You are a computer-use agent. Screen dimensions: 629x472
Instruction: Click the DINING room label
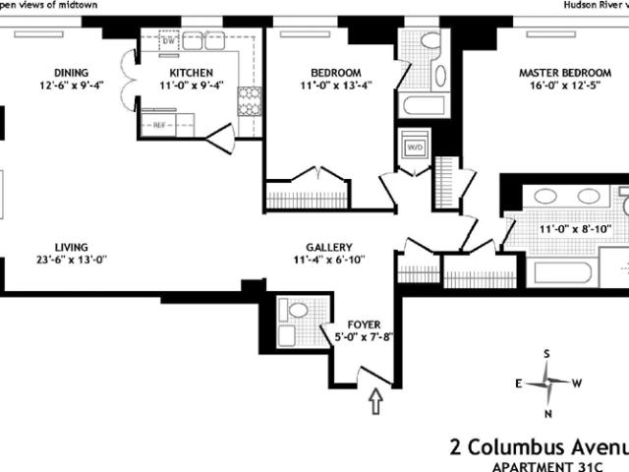coord(72,73)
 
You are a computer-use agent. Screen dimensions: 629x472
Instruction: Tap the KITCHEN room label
coord(191,73)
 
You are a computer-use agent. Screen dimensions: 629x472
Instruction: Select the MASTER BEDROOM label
coord(565,73)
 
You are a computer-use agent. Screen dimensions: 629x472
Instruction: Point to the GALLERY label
coord(329,247)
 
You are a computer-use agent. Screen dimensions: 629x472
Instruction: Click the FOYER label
coord(364,324)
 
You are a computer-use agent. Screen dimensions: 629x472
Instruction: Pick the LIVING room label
coord(72,247)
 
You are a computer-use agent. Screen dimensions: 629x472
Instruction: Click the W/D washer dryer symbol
coord(415,147)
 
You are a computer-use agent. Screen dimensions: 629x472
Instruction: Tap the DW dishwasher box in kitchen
coord(168,41)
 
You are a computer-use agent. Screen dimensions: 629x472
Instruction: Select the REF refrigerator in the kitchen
coord(159,125)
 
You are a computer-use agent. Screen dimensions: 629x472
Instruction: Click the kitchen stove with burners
coord(249,101)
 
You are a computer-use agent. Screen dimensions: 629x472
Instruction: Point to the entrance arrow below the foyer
coord(375,401)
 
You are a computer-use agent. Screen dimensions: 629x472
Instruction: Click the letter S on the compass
coord(546,354)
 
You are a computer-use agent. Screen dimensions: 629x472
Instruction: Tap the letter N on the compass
coord(548,414)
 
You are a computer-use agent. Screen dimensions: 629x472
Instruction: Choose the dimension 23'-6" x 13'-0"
coord(72,260)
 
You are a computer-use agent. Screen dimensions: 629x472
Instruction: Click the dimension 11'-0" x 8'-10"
coord(575,229)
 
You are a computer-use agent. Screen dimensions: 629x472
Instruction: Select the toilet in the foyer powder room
coord(298,310)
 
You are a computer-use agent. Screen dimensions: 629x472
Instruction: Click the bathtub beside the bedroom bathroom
coord(424,105)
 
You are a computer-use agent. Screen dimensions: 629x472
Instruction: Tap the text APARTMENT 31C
coord(547,467)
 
